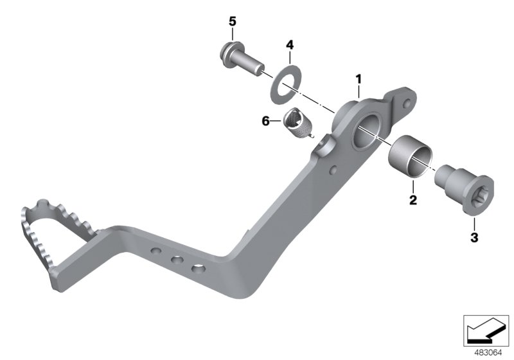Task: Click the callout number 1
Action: coord(359,79)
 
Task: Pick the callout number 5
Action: coord(233,21)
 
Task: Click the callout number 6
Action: coord(265,120)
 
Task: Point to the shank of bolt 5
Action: coord(251,64)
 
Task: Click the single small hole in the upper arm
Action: coord(333,170)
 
